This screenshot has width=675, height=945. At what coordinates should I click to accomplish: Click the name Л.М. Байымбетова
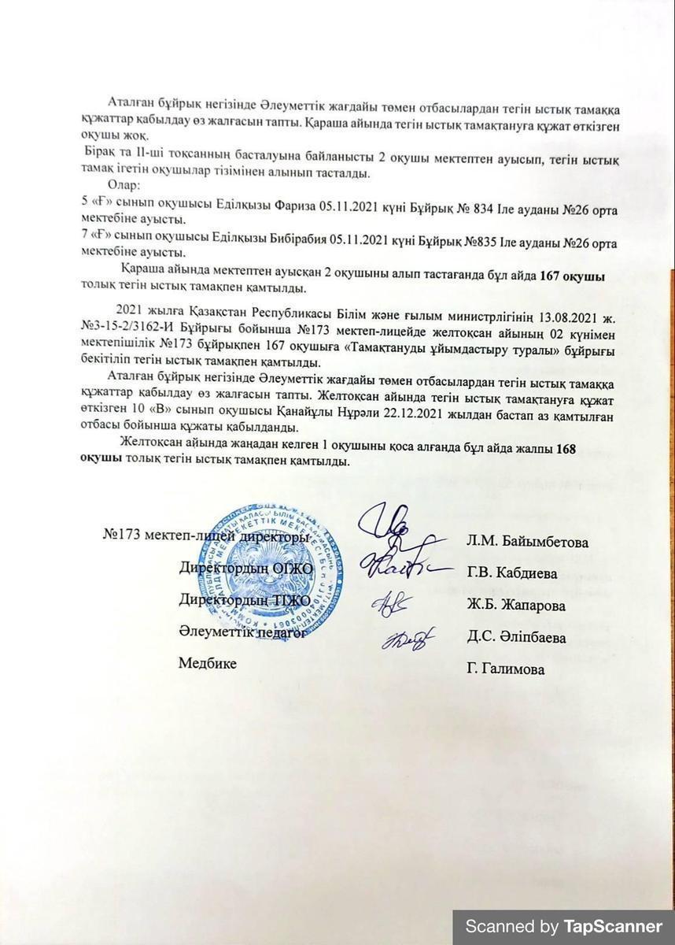(527, 542)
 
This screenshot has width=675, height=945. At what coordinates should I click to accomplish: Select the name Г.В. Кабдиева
(511, 573)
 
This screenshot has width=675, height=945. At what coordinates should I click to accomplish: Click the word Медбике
(207, 663)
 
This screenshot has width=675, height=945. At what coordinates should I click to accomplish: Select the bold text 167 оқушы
(572, 276)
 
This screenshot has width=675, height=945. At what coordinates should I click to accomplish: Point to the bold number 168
(566, 448)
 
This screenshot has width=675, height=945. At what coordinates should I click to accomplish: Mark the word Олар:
(124, 187)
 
